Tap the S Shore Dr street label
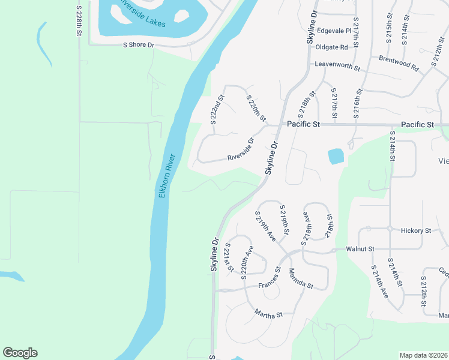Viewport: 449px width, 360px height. [139, 45]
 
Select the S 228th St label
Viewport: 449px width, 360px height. [79, 21]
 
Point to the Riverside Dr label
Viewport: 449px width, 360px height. [241, 150]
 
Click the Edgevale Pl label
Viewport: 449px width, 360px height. [333, 31]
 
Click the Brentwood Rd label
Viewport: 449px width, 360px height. [399, 63]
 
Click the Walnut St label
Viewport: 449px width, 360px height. [360, 248]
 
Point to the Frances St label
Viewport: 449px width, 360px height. [270, 279]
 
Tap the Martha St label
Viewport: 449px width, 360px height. [268, 313]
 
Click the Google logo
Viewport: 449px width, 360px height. [20, 353]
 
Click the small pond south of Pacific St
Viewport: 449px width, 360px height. [336, 156]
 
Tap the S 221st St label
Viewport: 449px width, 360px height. [228, 257]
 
